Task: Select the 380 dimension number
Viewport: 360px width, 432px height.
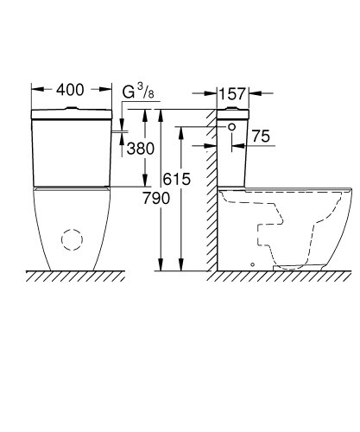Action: pos(140,149)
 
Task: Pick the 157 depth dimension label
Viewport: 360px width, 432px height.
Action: pos(233,93)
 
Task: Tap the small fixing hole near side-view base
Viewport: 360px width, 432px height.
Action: pos(252,263)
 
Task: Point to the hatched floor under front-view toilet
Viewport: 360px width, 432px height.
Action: pos(73,276)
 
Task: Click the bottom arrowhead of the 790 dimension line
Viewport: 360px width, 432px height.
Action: pos(161,264)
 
